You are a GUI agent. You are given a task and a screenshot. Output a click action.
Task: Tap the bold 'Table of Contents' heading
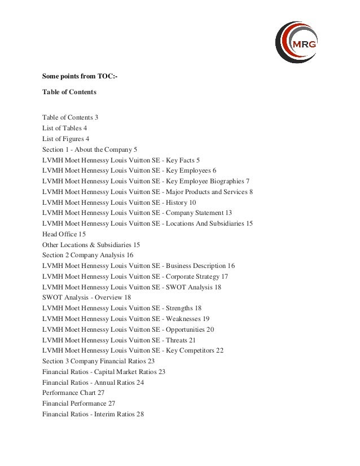point(69,91)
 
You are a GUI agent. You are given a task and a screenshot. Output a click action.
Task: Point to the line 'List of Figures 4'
point(66,139)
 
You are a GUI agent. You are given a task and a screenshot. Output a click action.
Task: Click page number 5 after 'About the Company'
point(135,150)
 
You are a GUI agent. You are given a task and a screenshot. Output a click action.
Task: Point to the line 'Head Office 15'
point(64,234)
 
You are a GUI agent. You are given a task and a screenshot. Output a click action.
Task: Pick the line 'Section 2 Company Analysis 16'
point(87,255)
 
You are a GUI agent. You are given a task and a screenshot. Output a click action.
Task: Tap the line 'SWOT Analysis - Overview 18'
point(86,297)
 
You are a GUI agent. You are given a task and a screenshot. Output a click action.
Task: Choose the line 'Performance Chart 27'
point(73,393)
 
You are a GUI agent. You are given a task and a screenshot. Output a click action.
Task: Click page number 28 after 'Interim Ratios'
point(140,414)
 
